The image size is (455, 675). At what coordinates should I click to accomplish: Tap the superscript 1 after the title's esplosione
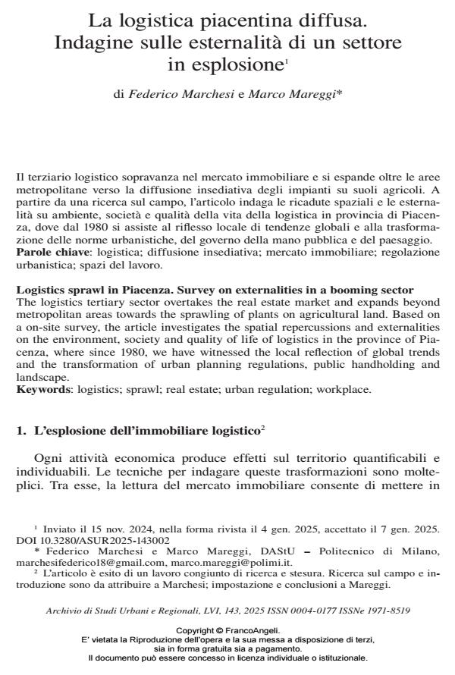pyautogui.click(x=286, y=62)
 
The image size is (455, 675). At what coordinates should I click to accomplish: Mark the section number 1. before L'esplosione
pyautogui.click(x=21, y=431)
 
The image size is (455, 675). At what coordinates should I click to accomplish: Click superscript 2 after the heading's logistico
pyautogui.click(x=262, y=429)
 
